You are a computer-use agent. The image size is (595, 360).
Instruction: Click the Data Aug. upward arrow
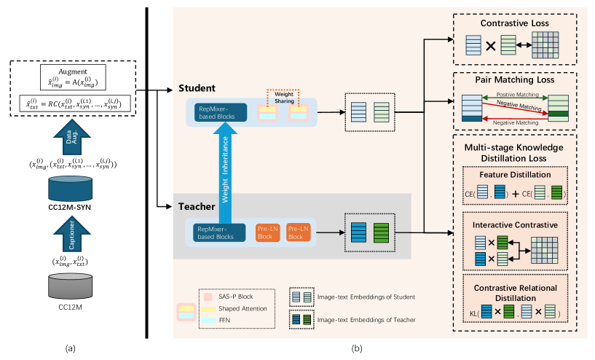click(71, 134)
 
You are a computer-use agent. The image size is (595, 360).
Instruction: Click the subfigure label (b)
click(357, 348)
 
